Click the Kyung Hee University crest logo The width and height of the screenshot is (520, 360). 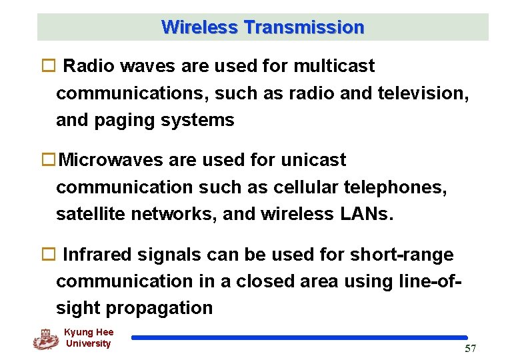point(45,339)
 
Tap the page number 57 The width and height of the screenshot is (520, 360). point(470,349)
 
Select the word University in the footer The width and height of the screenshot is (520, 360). point(89,344)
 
